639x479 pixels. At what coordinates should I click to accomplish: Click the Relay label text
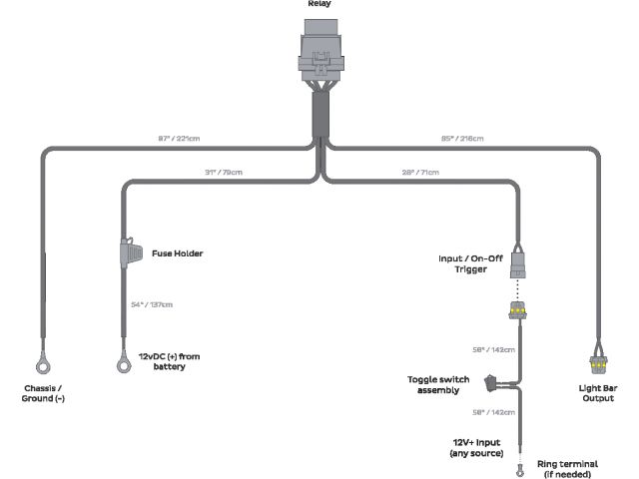tap(319, 4)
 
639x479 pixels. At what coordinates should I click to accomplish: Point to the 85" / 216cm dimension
tap(463, 137)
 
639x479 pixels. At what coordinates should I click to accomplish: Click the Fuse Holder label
tap(178, 253)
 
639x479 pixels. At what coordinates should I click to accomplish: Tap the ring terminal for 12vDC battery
tap(124, 364)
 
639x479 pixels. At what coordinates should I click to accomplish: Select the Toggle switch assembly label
tap(439, 385)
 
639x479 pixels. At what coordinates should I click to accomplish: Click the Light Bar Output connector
tap(598, 363)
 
